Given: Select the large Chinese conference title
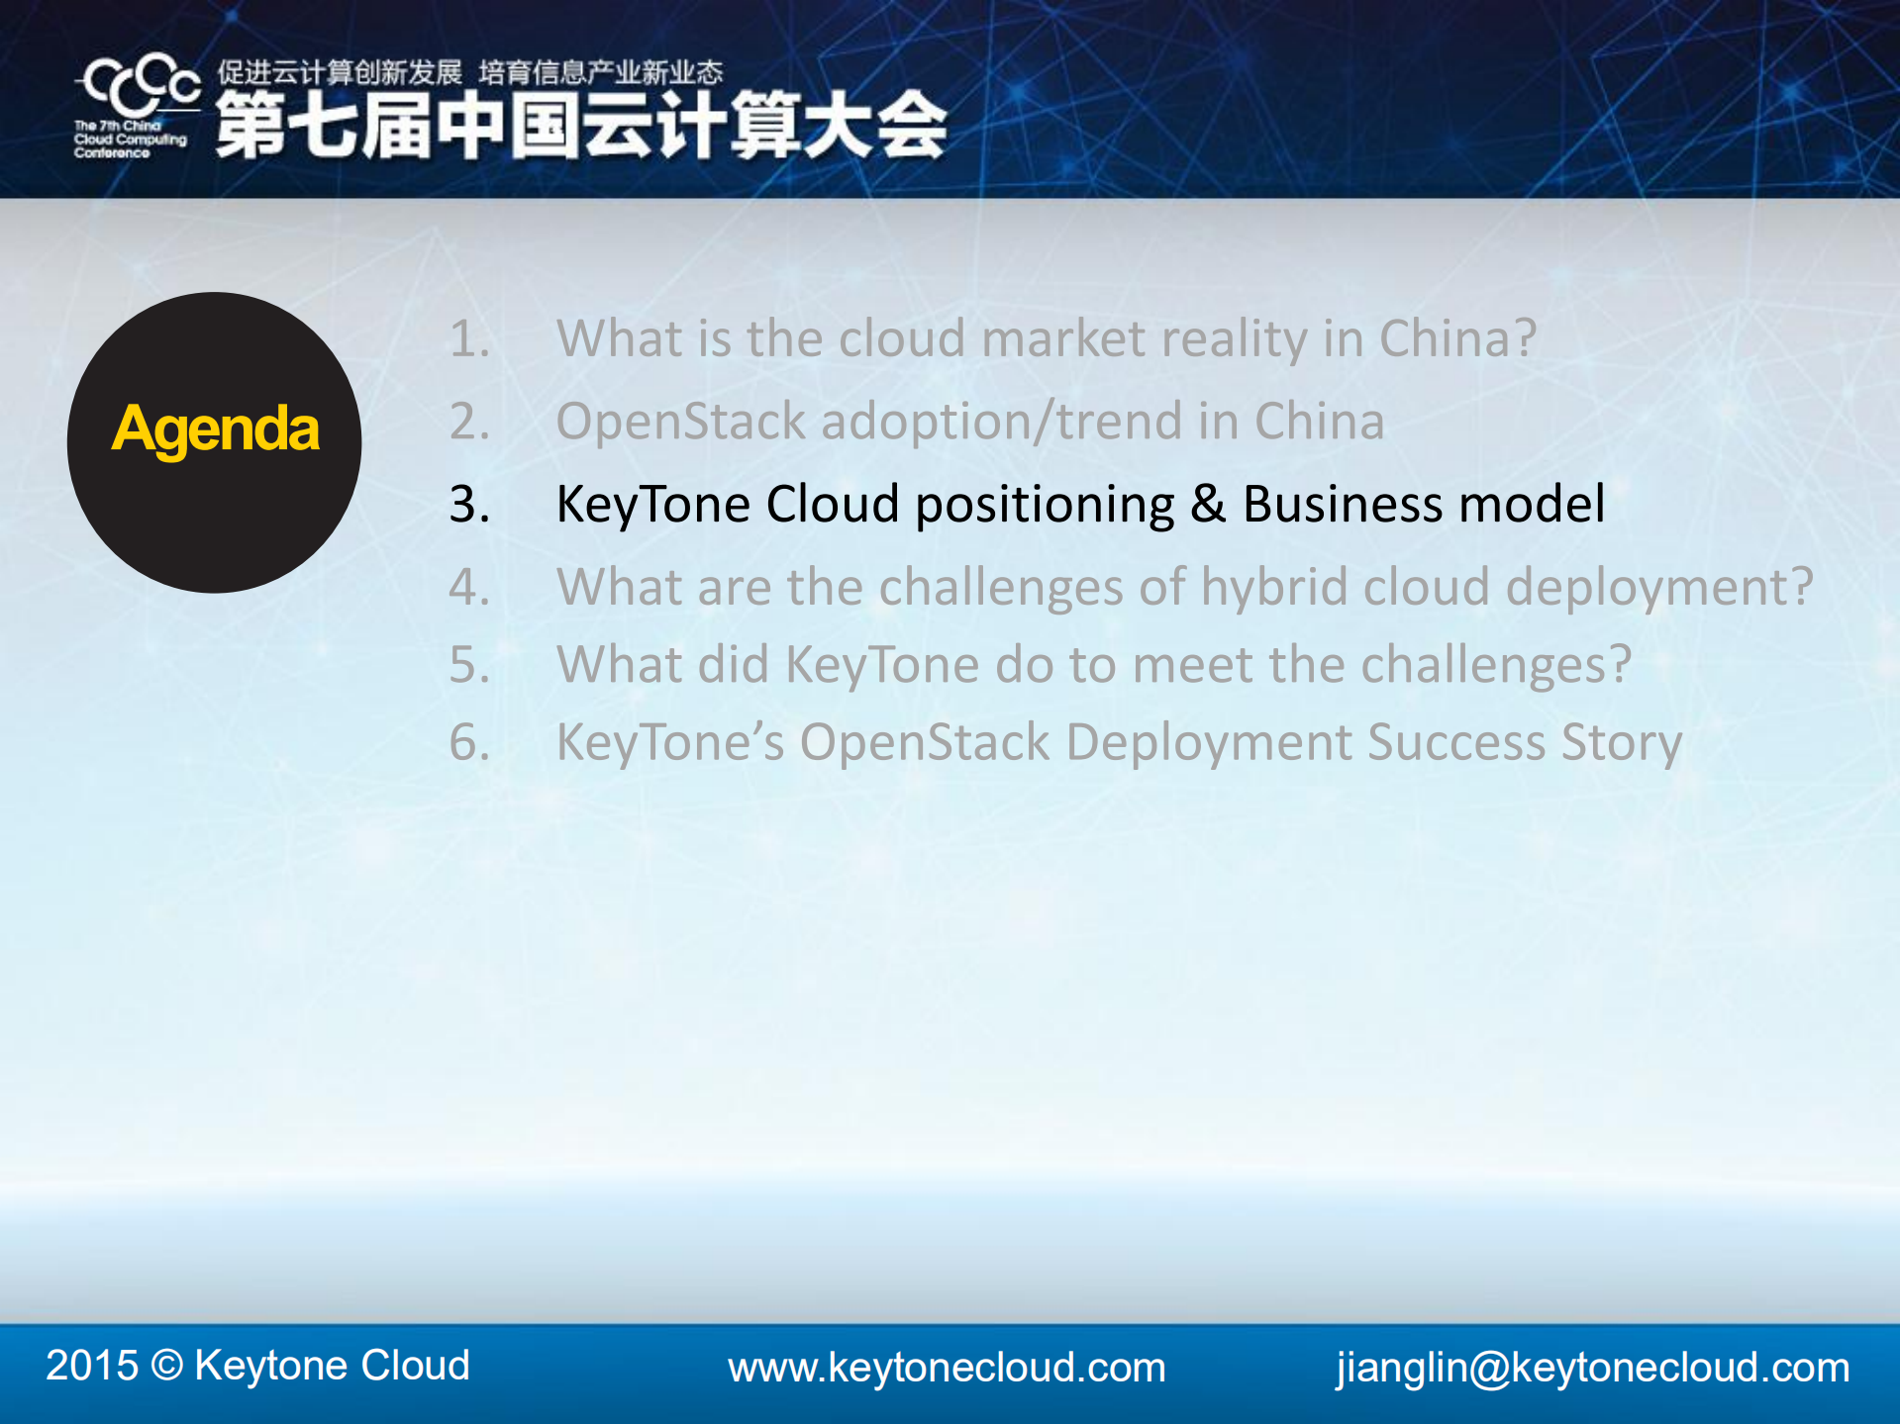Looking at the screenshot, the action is pyautogui.click(x=582, y=125).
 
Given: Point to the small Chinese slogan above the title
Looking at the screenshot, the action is pyautogui.click(x=470, y=72).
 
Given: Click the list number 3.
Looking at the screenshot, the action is pyautogui.click(x=469, y=505).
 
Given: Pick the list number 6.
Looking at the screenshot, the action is pyautogui.click(x=469, y=742).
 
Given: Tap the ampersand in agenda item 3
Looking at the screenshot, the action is pyautogui.click(x=1208, y=504).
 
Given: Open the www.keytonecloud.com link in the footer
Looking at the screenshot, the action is pyautogui.click(x=947, y=1368).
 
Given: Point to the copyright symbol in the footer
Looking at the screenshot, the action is pyautogui.click(x=167, y=1366).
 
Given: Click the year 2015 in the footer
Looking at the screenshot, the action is pyautogui.click(x=92, y=1366).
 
